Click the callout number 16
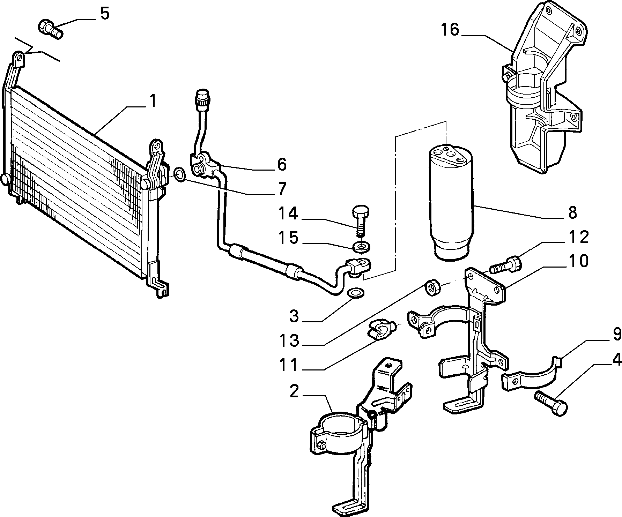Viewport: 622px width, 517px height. coord(450,30)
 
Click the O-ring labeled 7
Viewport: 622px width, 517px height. coord(179,174)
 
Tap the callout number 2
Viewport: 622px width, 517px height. coord(294,392)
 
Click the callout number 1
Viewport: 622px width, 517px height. coord(153,102)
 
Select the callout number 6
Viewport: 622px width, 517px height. coord(282,164)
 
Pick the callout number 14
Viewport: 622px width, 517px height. coord(288,213)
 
